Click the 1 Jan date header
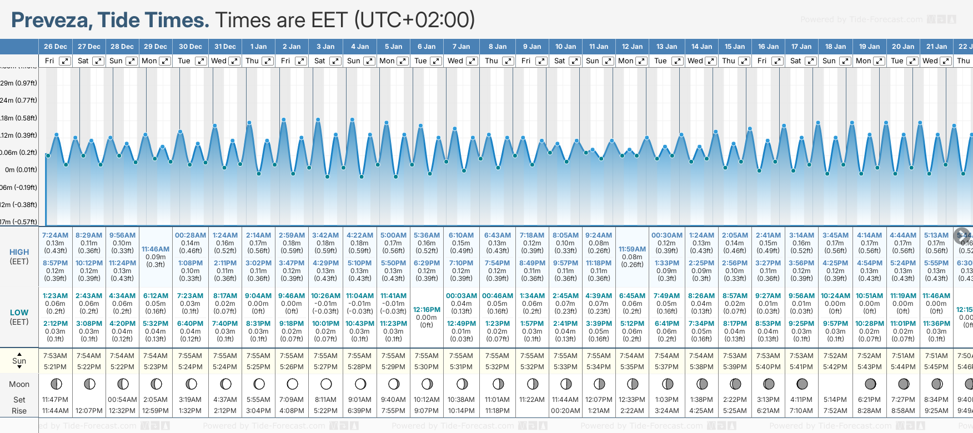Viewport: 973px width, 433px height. click(258, 47)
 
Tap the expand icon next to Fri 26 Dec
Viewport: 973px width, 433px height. click(65, 61)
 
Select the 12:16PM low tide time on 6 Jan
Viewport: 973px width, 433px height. click(427, 310)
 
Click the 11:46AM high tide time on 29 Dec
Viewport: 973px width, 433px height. click(156, 249)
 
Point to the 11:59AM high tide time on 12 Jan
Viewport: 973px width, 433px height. click(632, 249)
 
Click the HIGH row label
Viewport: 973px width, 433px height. click(19, 252)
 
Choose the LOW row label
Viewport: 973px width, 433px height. click(19, 313)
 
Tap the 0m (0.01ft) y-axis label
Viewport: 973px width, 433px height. click(21, 170)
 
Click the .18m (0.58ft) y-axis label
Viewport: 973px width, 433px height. click(19, 118)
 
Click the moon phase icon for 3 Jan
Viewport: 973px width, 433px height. click(326, 384)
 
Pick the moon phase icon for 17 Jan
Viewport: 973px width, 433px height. click(802, 384)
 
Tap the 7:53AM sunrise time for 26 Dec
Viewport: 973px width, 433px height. click(55, 356)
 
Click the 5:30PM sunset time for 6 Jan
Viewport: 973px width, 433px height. click(427, 367)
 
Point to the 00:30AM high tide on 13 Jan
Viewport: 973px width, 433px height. click(666, 235)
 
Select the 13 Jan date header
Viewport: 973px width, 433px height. click(666, 47)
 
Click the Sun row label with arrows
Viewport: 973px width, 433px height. click(19, 361)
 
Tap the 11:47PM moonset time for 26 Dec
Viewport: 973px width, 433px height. click(55, 400)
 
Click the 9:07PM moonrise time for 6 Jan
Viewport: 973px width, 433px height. click(427, 411)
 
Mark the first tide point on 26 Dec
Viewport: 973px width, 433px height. click(48, 155)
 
